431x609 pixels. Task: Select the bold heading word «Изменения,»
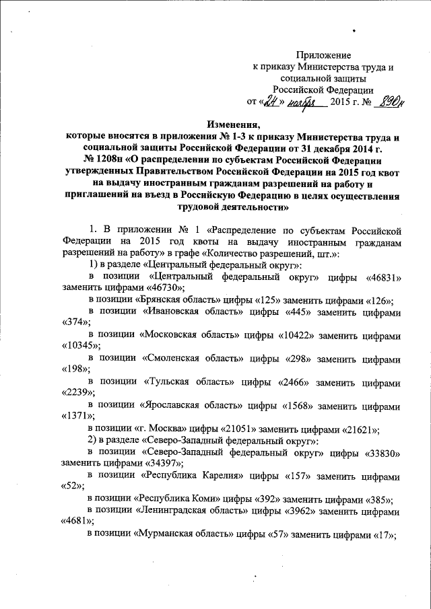[232, 123]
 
